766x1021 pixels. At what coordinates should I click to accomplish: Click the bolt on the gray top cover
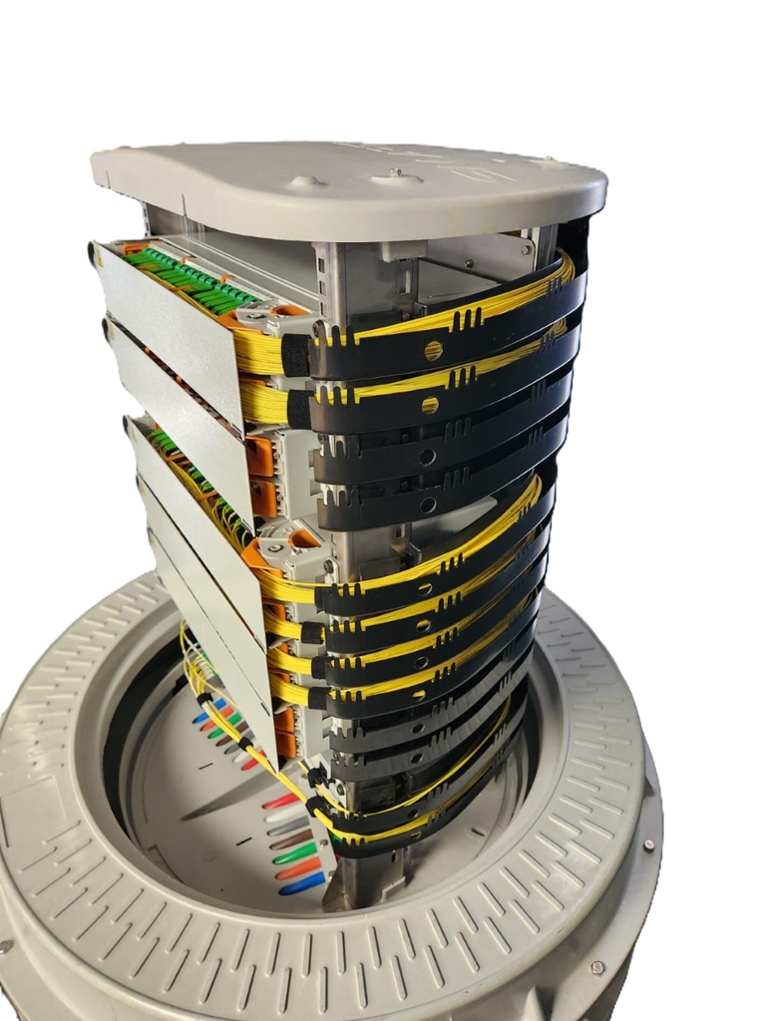(x=396, y=173)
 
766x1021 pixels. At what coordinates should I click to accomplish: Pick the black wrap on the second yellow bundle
(x=299, y=407)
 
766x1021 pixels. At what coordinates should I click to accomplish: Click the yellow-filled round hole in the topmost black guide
(x=433, y=350)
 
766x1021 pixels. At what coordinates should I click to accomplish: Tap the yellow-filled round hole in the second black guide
(x=430, y=405)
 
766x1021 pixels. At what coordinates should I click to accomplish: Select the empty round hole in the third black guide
(x=427, y=458)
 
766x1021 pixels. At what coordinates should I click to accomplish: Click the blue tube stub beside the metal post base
(x=302, y=883)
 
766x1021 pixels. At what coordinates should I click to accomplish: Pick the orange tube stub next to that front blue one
(x=298, y=868)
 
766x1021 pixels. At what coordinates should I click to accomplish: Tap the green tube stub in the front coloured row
(x=295, y=853)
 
